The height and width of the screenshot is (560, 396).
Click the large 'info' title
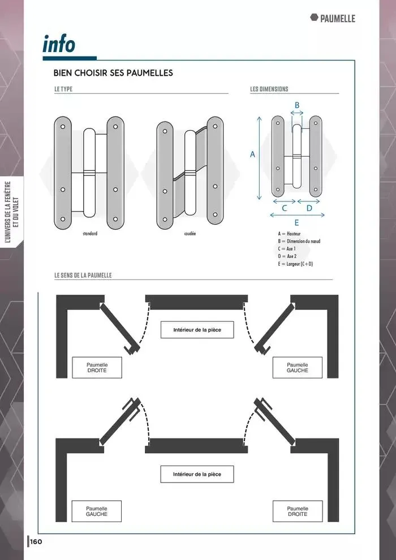(59, 44)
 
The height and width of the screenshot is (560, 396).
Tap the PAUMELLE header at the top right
(337, 18)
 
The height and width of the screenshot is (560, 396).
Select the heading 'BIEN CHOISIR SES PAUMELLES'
(113, 73)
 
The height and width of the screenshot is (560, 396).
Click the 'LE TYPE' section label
(63, 89)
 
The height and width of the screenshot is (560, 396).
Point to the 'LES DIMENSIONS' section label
(269, 89)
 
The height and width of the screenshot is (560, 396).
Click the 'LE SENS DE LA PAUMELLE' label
(83, 275)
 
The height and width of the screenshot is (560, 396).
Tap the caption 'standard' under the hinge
(90, 234)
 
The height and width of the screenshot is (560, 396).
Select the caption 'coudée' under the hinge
(190, 234)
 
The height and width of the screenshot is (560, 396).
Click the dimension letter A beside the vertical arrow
(252, 154)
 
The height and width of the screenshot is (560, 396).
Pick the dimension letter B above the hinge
(297, 105)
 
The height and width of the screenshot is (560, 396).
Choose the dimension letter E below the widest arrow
(297, 223)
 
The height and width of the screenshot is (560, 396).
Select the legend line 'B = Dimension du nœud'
(299, 241)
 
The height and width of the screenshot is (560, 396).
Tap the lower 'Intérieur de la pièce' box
(197, 474)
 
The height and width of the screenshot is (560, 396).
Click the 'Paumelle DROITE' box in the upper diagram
(97, 368)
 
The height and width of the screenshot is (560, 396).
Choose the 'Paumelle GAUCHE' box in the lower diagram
(96, 511)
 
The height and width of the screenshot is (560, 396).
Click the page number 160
(36, 542)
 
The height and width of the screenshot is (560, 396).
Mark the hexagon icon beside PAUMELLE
(314, 18)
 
